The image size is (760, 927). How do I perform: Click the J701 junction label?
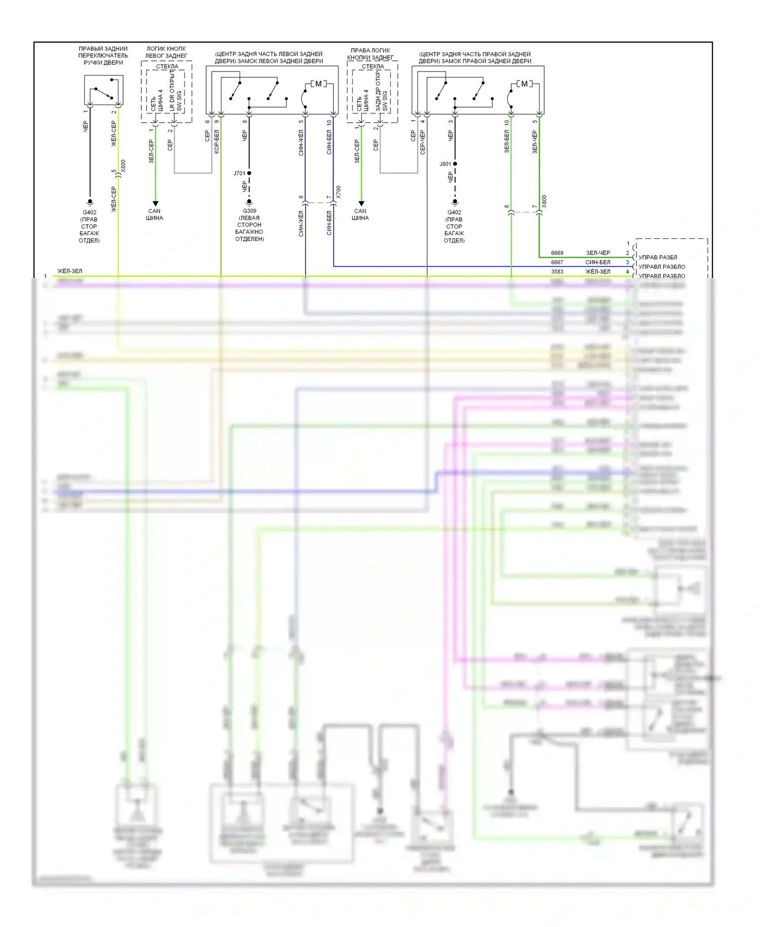239,173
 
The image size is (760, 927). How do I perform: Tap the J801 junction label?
445,164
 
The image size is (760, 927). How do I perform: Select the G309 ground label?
249,211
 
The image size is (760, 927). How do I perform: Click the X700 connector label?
338,192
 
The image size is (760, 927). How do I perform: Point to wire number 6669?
557,253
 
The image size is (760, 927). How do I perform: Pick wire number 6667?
557,263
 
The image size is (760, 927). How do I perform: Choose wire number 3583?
557,272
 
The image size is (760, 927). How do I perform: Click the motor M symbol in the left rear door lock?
318,84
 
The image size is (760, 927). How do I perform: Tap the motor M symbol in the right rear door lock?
524,84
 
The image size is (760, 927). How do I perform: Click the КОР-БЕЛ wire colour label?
217,141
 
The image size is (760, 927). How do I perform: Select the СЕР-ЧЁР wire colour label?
423,141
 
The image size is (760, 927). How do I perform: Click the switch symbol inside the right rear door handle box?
103,92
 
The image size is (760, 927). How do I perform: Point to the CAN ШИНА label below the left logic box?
155,215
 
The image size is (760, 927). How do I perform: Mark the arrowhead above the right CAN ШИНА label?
361,203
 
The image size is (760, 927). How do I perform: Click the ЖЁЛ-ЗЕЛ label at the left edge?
69,271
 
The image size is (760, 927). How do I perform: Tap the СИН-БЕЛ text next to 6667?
598,263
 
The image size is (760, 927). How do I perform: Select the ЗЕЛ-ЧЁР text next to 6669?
598,253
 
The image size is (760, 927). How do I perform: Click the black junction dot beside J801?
455,164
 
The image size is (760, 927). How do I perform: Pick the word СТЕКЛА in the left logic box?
167,66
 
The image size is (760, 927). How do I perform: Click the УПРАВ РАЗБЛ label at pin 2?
658,258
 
